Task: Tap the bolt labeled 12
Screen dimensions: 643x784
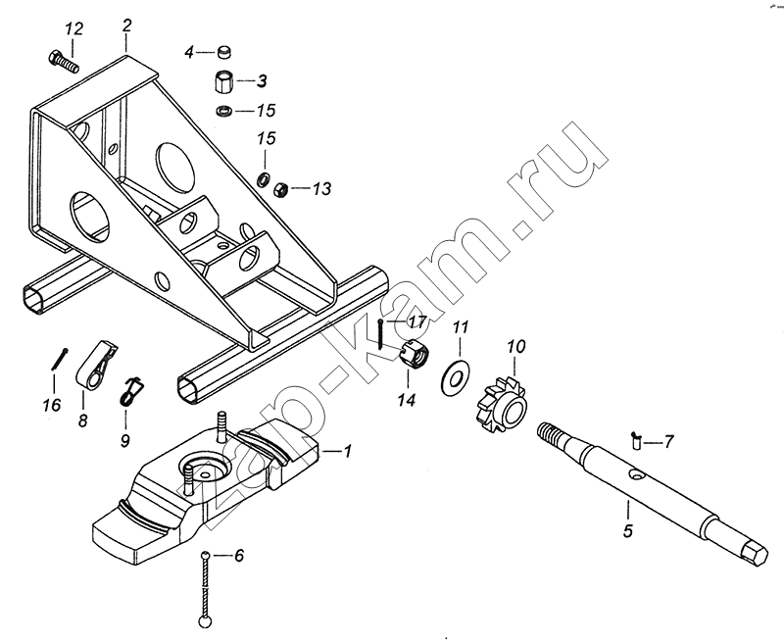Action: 63,61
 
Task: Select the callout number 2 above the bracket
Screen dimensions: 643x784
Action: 126,24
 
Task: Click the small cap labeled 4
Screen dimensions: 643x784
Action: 224,51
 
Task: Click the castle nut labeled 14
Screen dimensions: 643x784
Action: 416,354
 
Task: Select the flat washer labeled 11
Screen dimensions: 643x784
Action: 455,375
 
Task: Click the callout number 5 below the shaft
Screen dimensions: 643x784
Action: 627,532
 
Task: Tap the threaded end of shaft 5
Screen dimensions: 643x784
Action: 553,432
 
